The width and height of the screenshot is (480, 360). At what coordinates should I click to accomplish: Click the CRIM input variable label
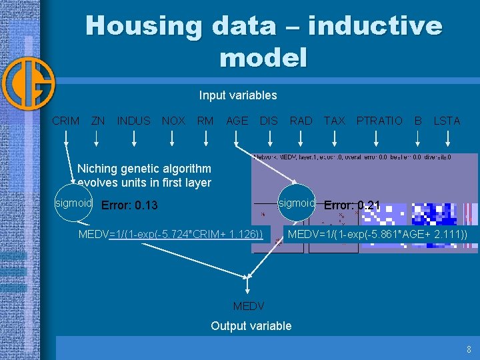pyautogui.click(x=65, y=121)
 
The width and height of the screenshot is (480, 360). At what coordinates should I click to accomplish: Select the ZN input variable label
pyautogui.click(x=97, y=121)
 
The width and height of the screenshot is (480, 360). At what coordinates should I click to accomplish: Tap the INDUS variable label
pyautogui.click(x=133, y=121)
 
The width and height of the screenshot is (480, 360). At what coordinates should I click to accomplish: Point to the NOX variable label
pyautogui.click(x=173, y=121)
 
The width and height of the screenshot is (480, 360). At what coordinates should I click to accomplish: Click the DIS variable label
pyautogui.click(x=269, y=121)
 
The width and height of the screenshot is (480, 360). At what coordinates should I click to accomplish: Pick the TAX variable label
pyautogui.click(x=334, y=121)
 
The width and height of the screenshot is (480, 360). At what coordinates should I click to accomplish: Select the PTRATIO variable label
pyautogui.click(x=379, y=121)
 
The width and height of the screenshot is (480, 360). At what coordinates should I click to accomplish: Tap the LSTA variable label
pyautogui.click(x=447, y=121)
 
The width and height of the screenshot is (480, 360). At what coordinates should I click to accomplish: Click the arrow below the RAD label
pyautogui.click(x=301, y=139)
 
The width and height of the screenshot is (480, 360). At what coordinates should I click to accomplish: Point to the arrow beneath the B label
pyautogui.click(x=417, y=139)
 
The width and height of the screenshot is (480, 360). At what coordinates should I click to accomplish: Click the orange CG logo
pyautogui.click(x=27, y=84)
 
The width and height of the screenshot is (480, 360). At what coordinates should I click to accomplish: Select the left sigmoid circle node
pyautogui.click(x=73, y=202)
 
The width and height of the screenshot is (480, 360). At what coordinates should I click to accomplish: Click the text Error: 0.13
pyautogui.click(x=129, y=205)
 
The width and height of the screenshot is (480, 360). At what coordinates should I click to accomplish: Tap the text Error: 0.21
pyautogui.click(x=351, y=205)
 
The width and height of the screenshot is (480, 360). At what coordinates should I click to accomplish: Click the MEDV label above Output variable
pyautogui.click(x=248, y=307)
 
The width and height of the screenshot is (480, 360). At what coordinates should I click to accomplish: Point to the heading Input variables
pyautogui.click(x=238, y=95)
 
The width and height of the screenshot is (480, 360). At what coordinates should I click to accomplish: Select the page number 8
pyautogui.click(x=469, y=349)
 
